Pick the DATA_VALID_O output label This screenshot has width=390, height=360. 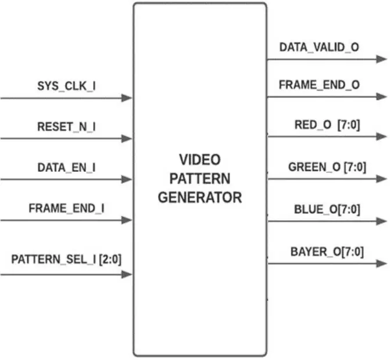pyautogui.click(x=319, y=46)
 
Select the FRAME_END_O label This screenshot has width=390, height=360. pyautogui.click(x=319, y=85)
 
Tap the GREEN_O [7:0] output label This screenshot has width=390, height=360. pyautogui.click(x=327, y=167)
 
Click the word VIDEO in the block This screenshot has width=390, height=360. pyautogui.click(x=199, y=160)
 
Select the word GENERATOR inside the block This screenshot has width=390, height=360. pyautogui.click(x=199, y=197)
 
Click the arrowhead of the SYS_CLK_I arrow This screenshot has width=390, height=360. pyautogui.click(x=127, y=98)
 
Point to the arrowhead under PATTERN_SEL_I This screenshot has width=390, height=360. pyautogui.click(x=127, y=273)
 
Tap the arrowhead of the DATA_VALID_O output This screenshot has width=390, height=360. pyautogui.click(x=381, y=59)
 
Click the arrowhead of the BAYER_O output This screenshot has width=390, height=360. pyautogui.click(x=381, y=264)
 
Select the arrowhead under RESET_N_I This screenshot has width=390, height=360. pyautogui.click(x=127, y=139)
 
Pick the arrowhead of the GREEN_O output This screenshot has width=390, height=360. pyautogui.click(x=381, y=179)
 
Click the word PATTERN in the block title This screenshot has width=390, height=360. pyautogui.click(x=199, y=178)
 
